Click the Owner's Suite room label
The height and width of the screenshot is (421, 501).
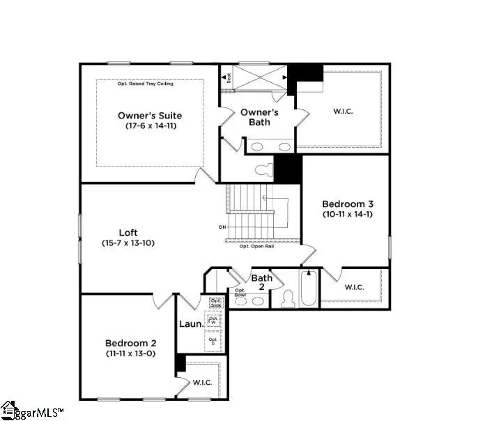tap(150, 115)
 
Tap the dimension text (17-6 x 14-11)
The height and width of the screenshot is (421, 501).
tap(150, 127)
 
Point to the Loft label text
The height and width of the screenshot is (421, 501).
tap(128, 232)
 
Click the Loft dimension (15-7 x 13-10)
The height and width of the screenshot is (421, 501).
tap(128, 243)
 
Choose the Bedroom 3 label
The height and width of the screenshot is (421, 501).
tap(348, 204)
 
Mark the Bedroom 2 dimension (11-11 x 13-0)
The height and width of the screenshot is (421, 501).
tap(131, 354)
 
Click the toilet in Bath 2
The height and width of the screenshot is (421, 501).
tap(287, 300)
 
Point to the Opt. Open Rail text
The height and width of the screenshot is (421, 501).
tap(256, 247)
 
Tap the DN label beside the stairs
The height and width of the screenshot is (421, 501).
tap(222, 227)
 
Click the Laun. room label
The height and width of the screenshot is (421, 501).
tap(191, 324)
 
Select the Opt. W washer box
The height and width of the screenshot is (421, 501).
tap(214, 321)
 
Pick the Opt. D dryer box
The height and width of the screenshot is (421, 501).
tap(213, 341)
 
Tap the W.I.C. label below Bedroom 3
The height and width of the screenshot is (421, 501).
tap(355, 286)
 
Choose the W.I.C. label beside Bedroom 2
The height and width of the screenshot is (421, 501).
tap(202, 381)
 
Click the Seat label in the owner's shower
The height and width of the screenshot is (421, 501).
tap(229, 78)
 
